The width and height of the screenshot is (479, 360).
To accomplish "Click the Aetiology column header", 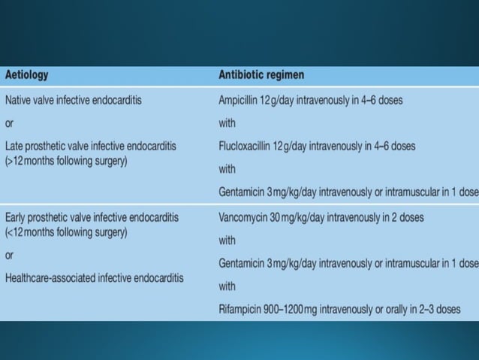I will pyautogui.click(x=27, y=75).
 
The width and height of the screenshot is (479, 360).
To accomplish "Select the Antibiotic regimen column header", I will pyautogui.click(x=261, y=75).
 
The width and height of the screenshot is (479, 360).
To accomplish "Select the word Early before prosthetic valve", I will pyautogui.click(x=17, y=217).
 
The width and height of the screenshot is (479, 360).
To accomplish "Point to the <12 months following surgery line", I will pyautogui.click(x=66, y=231).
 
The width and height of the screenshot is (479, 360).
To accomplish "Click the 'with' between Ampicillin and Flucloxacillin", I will pyautogui.click(x=227, y=123).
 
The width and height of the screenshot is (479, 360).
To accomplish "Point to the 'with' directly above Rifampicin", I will pyautogui.click(x=227, y=286).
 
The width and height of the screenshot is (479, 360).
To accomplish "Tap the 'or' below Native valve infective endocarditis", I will pyautogui.click(x=10, y=123).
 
